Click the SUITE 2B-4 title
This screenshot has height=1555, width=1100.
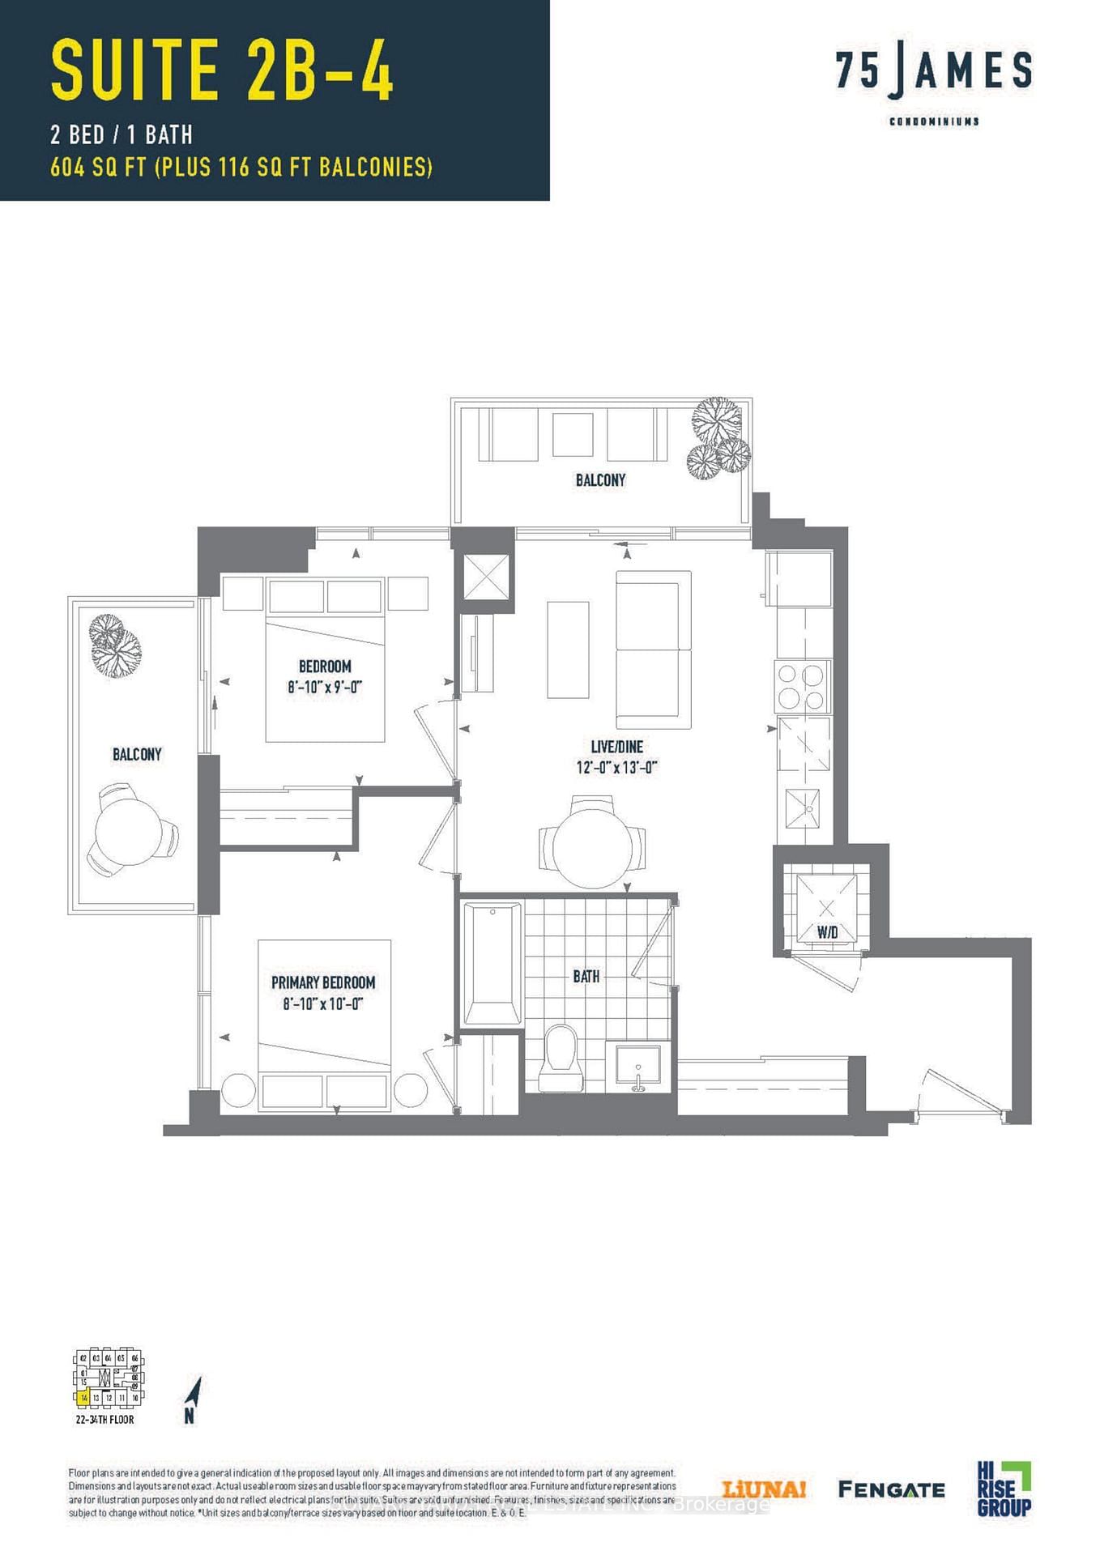pos(222,70)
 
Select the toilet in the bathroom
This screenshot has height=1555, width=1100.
pos(561,1058)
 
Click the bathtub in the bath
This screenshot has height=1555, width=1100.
pos(492,964)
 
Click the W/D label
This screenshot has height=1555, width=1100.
pos(827,932)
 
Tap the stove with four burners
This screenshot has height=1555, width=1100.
pos(802,686)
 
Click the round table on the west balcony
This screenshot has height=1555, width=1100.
pos(129,832)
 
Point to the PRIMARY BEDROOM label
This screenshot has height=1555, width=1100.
pos(323,982)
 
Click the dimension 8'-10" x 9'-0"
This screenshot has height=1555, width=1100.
pos(324,687)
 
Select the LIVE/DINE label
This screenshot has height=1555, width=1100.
pos(616,747)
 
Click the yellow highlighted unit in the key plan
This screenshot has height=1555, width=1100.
pos(83,1397)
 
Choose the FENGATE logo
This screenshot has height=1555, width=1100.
pos(891,1489)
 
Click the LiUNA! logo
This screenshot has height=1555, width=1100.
pos(763,1489)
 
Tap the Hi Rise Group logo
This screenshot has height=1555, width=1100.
pos(1004,1489)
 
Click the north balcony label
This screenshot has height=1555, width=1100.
pos(600,480)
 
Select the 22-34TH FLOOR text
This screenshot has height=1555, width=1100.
pos(104,1420)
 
